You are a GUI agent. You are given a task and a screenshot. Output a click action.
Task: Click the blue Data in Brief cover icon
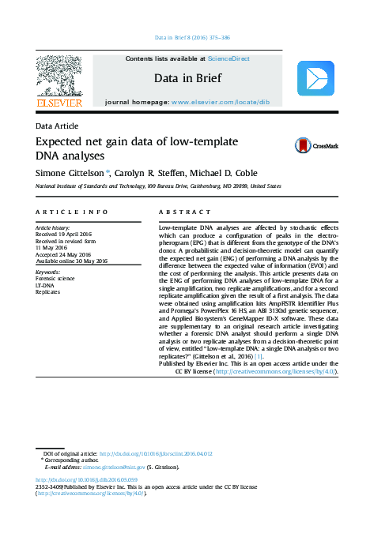coord(315,78)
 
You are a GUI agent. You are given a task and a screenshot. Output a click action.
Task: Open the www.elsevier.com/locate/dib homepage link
coord(225,103)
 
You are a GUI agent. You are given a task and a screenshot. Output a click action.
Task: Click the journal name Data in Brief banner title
coord(187,79)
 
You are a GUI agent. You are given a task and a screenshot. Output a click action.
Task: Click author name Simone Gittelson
coord(71,172)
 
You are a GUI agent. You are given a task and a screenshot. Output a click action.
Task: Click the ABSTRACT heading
coord(184,212)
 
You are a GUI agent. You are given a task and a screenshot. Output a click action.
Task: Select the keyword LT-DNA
coord(46,284)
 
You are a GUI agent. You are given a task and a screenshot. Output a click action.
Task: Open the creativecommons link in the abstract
coord(269,370)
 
